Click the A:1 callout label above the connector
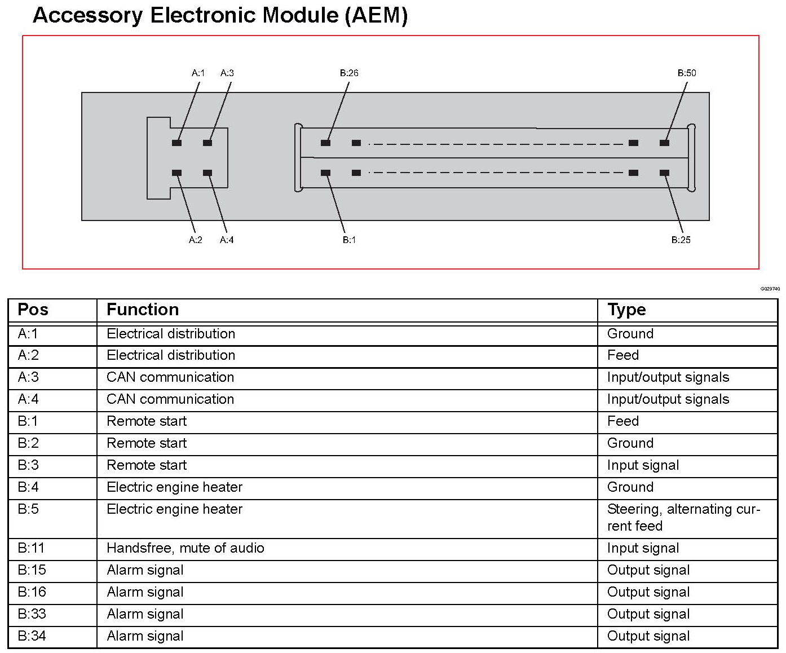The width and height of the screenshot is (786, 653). pos(198,73)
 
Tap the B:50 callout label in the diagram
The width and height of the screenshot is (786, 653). pos(687,73)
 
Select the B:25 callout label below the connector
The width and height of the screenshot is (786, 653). pos(681,240)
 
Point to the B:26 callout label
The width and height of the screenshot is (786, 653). pos(349,73)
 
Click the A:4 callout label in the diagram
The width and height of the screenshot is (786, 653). pos(227,240)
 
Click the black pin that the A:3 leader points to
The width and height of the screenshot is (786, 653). pos(207,143)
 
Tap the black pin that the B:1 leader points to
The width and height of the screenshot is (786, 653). pos(325,173)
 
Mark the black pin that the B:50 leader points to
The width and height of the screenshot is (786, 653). pos(664,143)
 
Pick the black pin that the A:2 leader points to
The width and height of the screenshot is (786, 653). pos(176,173)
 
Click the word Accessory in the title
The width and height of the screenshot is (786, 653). pos(87,15)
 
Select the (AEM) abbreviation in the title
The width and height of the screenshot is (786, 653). pos(376,15)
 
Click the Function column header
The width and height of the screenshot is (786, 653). pos(143,310)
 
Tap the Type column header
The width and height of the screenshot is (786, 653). pos(626,310)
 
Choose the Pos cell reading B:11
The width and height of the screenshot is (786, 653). pos(31,548)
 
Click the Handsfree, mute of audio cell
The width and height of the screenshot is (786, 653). pos(186,548)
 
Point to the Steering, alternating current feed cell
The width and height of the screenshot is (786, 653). pos(683,518)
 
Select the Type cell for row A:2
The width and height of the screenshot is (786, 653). pos(623,355)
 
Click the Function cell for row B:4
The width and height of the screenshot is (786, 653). pos(174,487)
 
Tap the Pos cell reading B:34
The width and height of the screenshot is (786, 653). pos(32,636)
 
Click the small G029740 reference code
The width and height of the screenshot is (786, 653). pos(770,289)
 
